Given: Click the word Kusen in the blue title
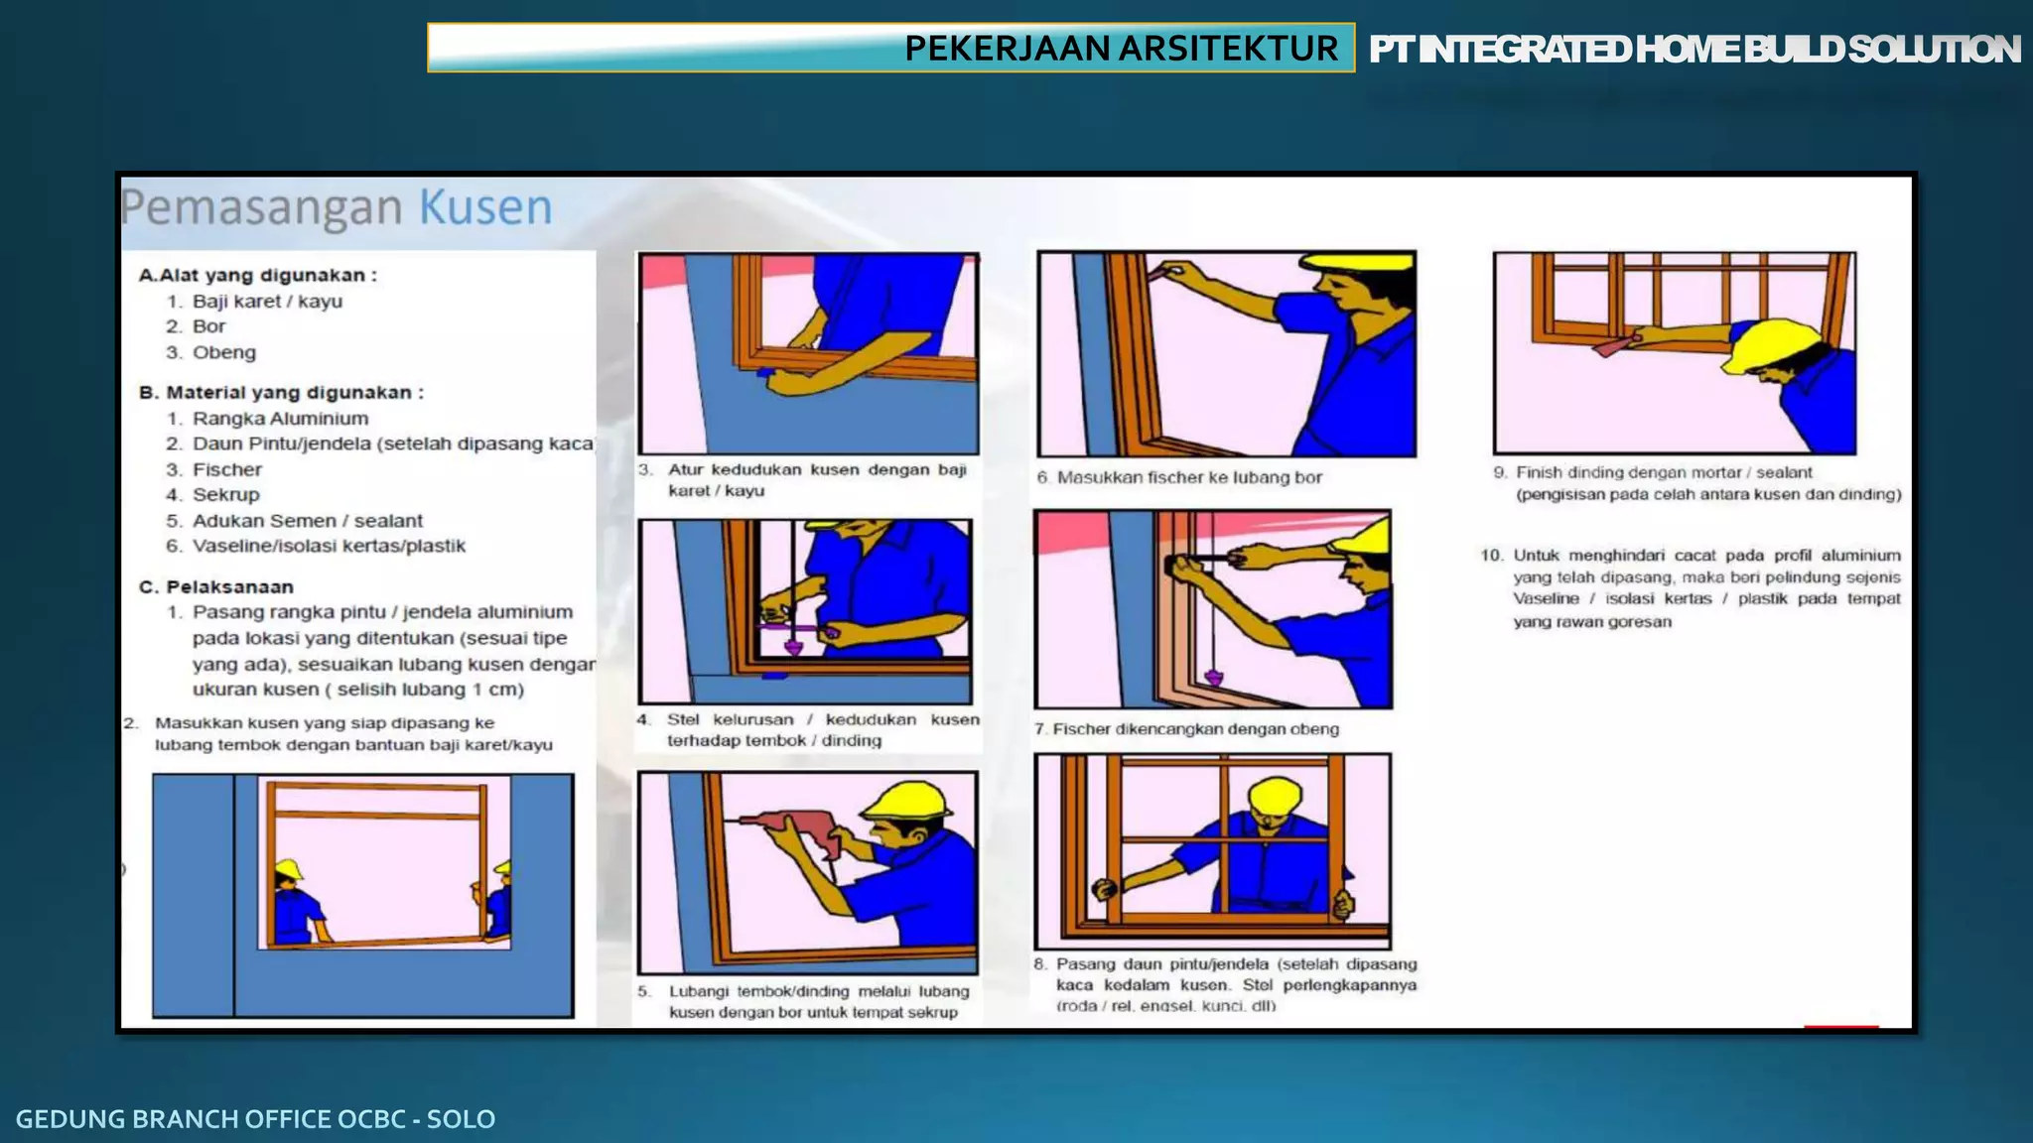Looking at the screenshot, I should click(x=485, y=207).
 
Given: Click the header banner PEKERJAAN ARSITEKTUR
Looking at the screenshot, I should click(x=1120, y=48).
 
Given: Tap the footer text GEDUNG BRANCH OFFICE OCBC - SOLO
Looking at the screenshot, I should click(x=255, y=1118).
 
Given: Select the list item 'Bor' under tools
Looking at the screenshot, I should click(x=208, y=326).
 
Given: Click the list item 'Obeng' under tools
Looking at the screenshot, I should click(x=223, y=352).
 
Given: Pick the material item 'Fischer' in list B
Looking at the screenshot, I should click(x=226, y=469).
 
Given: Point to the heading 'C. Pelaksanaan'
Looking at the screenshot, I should click(x=216, y=586).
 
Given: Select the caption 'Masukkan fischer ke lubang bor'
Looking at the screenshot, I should click(x=1188, y=477).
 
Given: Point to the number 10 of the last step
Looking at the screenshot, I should click(x=1491, y=555).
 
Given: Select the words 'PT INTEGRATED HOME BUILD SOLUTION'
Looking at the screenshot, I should click(x=1694, y=49).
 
